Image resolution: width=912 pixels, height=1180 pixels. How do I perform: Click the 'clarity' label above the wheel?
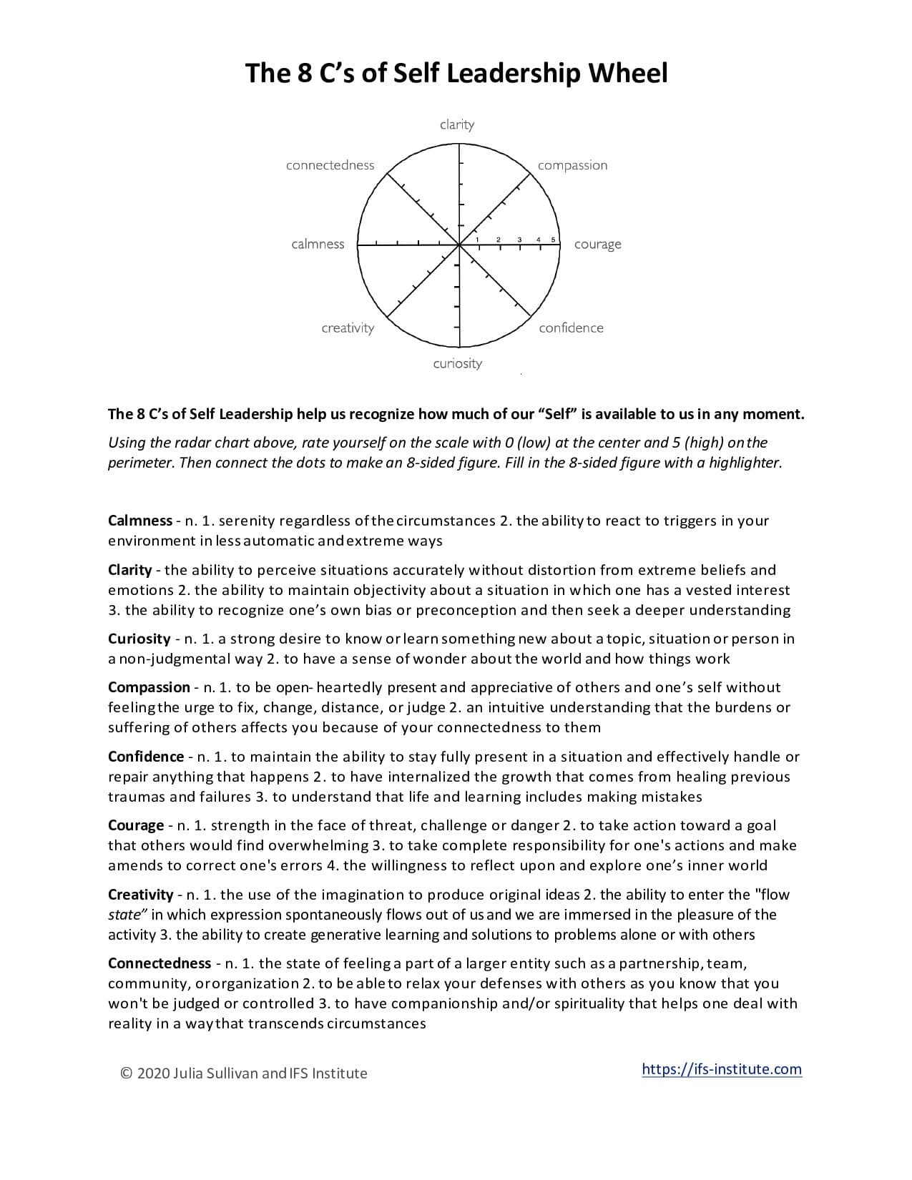[457, 124]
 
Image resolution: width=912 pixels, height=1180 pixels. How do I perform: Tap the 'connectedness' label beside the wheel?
[330, 165]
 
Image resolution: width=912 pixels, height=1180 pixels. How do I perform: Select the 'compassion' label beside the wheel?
[572, 165]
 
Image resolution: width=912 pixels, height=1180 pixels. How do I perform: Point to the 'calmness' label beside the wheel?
[318, 244]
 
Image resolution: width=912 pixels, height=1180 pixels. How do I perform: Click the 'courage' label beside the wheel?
[597, 245]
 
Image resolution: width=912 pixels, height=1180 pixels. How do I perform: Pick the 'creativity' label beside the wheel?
[348, 328]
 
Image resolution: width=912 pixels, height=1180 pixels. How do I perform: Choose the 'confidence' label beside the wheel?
[571, 328]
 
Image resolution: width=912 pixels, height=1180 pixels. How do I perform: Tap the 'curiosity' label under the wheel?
[457, 363]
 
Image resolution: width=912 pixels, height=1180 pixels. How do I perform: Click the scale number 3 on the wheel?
[519, 239]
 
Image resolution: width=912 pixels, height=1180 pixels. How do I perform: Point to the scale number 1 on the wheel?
[478, 239]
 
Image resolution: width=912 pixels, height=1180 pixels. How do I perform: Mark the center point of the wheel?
[459, 245]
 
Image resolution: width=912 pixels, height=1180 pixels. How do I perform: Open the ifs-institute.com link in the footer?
[722, 1069]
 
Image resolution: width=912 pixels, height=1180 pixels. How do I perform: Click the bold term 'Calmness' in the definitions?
[139, 521]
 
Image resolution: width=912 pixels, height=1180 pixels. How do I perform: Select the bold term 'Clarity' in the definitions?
[129, 570]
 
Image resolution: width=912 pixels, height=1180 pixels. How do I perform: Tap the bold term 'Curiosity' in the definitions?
[139, 639]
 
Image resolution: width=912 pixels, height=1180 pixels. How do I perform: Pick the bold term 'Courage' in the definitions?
[136, 825]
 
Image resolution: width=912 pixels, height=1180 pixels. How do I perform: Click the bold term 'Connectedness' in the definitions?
[159, 963]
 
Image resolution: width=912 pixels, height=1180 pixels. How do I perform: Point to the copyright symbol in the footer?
[127, 1073]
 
